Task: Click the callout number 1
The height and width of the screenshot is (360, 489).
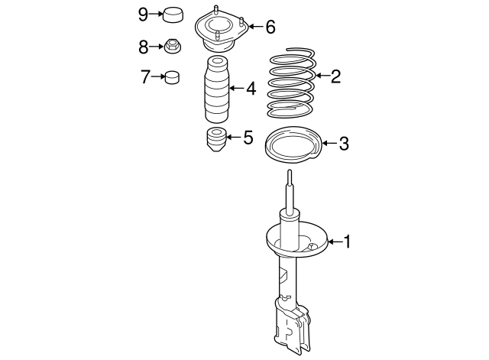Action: (x=348, y=243)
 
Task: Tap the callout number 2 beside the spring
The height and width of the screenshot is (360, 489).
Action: (x=335, y=76)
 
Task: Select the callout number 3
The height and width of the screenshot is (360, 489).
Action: (x=343, y=143)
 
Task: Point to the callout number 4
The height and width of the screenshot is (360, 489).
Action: (x=251, y=89)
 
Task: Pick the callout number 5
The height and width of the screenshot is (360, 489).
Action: (x=247, y=138)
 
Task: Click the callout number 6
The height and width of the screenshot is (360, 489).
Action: (x=270, y=28)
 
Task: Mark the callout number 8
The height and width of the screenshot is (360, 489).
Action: (x=144, y=47)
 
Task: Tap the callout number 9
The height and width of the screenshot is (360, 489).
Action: (x=144, y=14)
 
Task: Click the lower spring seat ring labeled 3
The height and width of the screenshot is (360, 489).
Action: (x=292, y=145)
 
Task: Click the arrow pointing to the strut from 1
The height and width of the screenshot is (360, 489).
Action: (x=334, y=243)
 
